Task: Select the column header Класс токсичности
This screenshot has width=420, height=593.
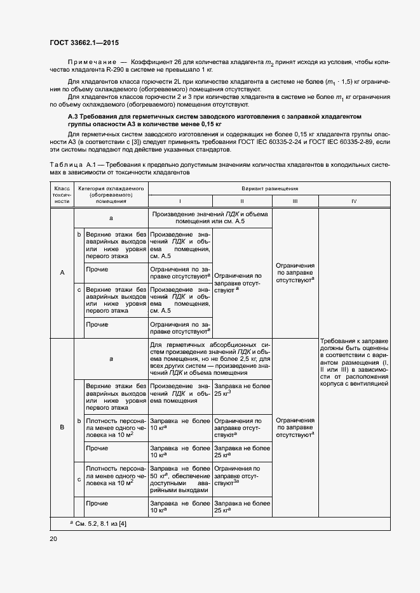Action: [62, 195]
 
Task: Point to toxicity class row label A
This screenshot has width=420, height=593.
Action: [62, 273]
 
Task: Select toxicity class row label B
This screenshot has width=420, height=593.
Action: [62, 427]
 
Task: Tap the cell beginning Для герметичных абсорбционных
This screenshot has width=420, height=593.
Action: [210, 358]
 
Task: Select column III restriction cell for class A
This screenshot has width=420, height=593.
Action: [295, 273]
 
